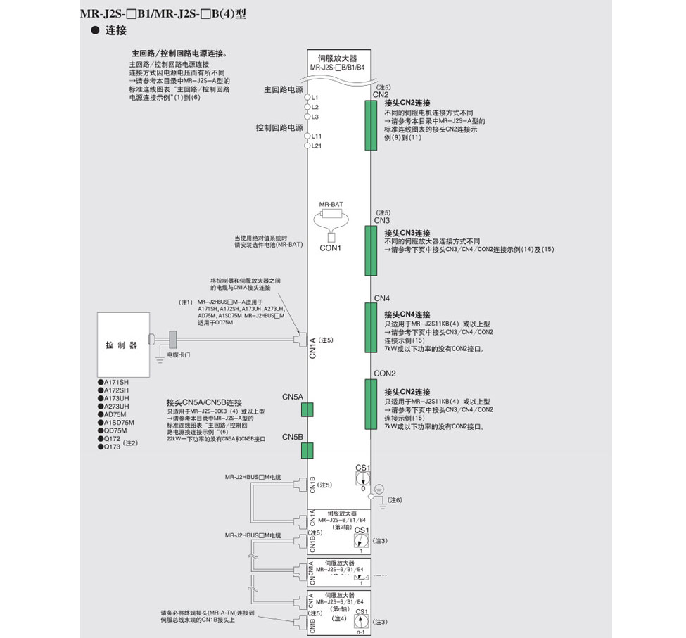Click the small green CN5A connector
(x=307, y=409)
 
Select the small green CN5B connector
(x=307, y=450)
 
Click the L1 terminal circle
(x=307, y=96)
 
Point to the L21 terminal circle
(x=307, y=146)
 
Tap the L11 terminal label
(x=317, y=136)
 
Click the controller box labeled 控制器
(x=122, y=345)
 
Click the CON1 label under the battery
(x=330, y=248)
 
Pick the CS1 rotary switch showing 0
(x=362, y=478)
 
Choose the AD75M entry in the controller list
(x=115, y=414)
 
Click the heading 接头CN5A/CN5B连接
(x=204, y=402)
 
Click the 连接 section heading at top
(x=115, y=30)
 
